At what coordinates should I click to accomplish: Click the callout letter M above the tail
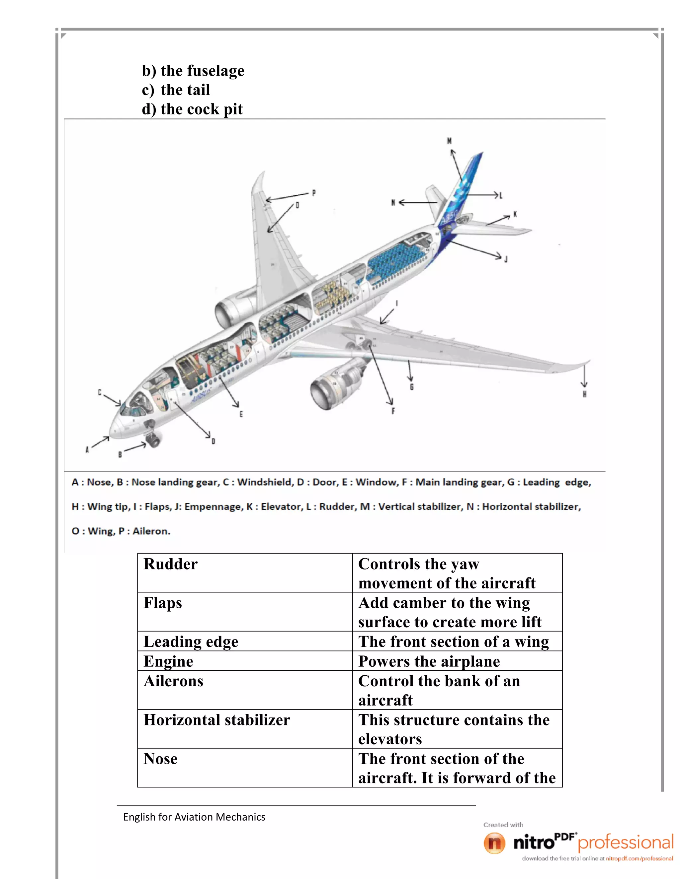click(449, 141)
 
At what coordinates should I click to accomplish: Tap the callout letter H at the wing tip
click(584, 394)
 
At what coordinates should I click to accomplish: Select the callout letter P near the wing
click(314, 193)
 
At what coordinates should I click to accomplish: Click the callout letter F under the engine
click(393, 411)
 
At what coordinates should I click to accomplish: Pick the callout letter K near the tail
click(515, 215)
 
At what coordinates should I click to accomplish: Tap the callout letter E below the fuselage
click(241, 414)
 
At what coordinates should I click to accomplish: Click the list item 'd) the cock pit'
click(192, 109)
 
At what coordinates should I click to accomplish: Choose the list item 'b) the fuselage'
click(193, 71)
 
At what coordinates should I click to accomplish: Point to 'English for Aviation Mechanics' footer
click(194, 817)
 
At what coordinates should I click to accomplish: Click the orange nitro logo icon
click(494, 843)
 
